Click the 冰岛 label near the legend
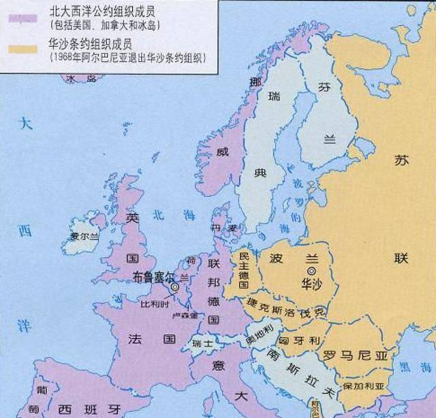point(80,79)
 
